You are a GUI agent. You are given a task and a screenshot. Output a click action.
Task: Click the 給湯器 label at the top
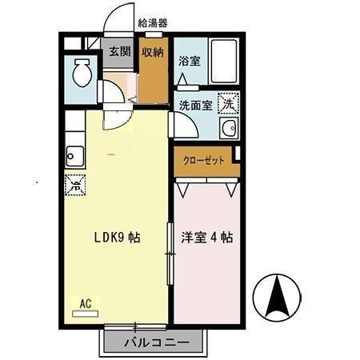pos(153,23)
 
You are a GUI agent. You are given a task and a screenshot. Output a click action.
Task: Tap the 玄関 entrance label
pos(120,52)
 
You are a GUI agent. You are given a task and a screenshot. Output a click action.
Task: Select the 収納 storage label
pos(154,53)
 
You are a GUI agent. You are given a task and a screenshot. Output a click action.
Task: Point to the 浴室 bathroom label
pos(189,61)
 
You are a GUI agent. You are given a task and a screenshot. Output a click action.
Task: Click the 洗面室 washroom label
pos(194,104)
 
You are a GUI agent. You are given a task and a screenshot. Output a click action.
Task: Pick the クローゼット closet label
pos(204,158)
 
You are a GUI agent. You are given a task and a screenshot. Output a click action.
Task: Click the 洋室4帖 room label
pos(206,238)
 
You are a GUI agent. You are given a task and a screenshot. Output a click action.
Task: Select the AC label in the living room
pos(86,303)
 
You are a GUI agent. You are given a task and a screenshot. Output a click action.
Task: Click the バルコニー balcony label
pos(157,344)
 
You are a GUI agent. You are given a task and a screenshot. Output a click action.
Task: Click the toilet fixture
pos(82,76)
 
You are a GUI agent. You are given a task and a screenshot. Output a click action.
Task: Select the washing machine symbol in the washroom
pos(229,103)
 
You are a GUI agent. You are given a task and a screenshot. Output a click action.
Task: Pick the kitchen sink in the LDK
pos(75,153)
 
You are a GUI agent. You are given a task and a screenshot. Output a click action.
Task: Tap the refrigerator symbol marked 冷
pos(75,185)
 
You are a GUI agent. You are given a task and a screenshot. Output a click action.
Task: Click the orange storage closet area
pos(154,80)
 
